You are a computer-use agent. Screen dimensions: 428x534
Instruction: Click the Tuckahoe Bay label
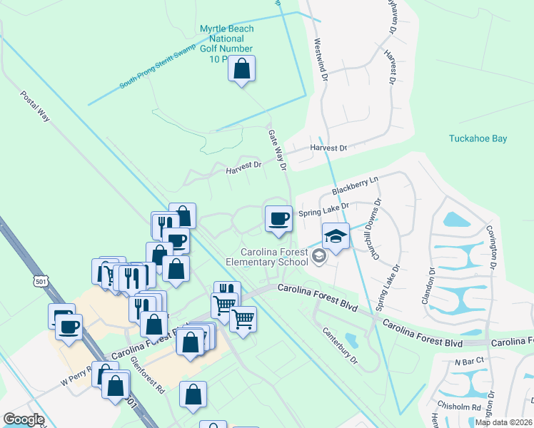478,138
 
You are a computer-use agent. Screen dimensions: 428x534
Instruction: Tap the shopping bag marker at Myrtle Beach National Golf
242,69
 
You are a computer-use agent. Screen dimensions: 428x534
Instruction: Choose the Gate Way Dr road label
277,150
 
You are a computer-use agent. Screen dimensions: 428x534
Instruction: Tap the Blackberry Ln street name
353,188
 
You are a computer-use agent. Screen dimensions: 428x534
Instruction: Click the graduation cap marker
336,235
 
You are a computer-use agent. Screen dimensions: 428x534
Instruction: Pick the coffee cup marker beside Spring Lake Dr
278,218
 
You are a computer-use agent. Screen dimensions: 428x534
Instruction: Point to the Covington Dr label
493,246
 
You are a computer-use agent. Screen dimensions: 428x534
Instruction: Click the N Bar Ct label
469,362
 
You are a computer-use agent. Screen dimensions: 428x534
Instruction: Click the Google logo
24,419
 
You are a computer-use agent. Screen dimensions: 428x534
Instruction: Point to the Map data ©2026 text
504,422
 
